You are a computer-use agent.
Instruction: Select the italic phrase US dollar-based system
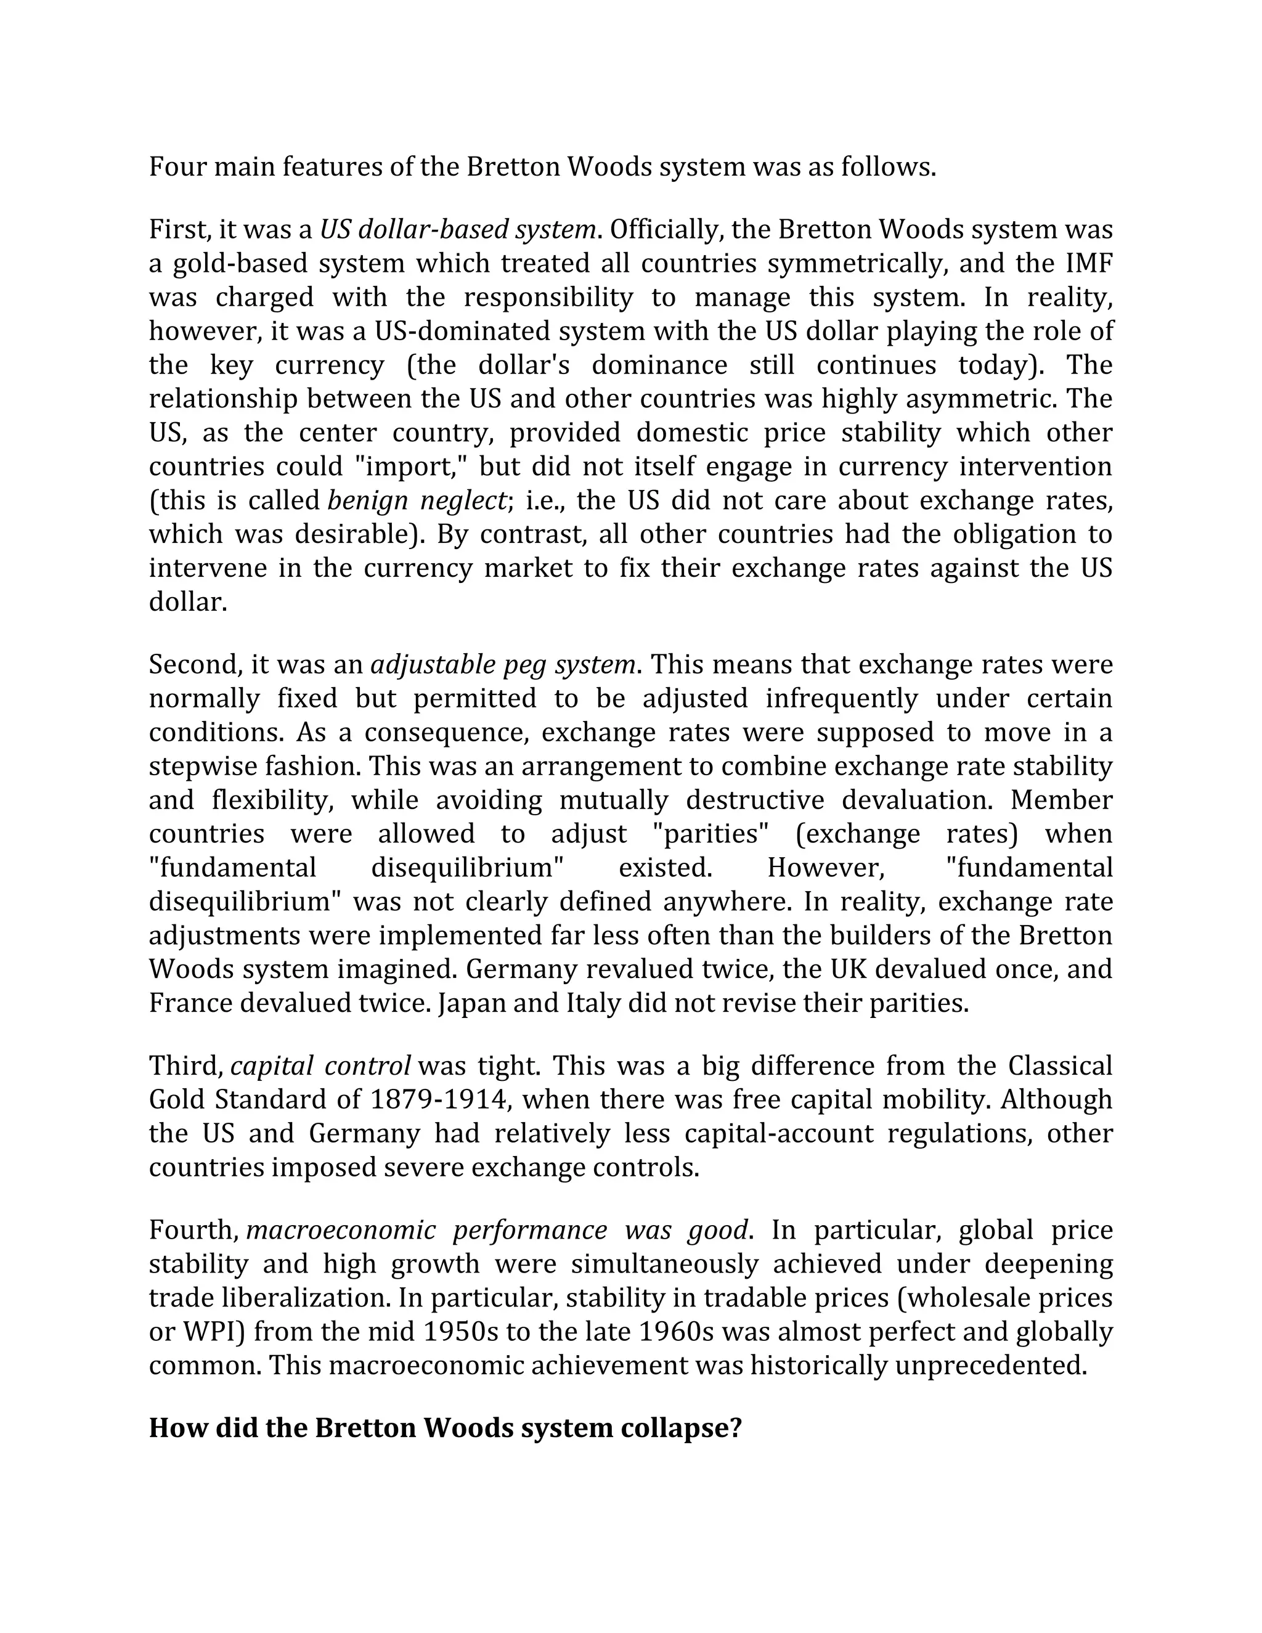click(x=458, y=230)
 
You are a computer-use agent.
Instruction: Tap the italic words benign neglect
click(x=417, y=501)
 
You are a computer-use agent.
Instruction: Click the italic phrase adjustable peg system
click(x=503, y=665)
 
